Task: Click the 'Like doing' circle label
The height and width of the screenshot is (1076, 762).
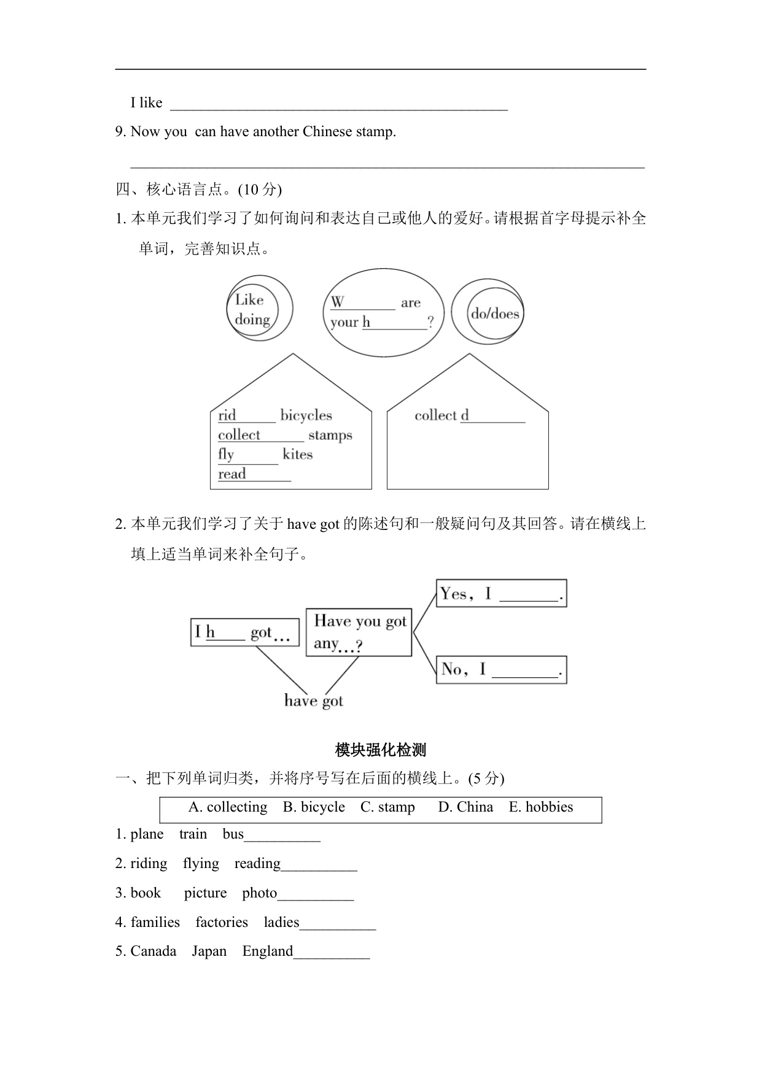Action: pyautogui.click(x=252, y=309)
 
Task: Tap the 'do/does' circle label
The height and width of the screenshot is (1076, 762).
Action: pyautogui.click(x=495, y=313)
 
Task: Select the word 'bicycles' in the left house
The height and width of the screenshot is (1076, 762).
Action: pyautogui.click(x=306, y=415)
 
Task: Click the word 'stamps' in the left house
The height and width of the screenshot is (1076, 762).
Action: pyautogui.click(x=330, y=435)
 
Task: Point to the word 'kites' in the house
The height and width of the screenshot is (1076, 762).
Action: pyautogui.click(x=298, y=455)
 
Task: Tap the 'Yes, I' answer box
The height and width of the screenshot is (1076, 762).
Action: pyautogui.click(x=501, y=593)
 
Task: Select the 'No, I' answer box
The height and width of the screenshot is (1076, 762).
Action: pyautogui.click(x=501, y=669)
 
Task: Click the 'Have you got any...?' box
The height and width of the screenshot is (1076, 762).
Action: pyautogui.click(x=359, y=632)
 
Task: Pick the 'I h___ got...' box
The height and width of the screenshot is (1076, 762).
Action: pyautogui.click(x=244, y=632)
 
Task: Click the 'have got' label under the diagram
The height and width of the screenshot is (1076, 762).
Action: pyautogui.click(x=313, y=701)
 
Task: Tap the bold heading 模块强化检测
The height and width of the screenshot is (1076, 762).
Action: pyautogui.click(x=381, y=750)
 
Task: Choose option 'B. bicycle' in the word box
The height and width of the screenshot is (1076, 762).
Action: pyautogui.click(x=314, y=807)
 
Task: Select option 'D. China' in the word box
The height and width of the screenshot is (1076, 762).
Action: pyautogui.click(x=465, y=807)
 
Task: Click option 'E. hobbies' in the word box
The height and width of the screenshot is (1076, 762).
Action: pyautogui.click(x=540, y=807)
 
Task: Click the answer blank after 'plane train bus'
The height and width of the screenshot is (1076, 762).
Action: pyautogui.click(x=282, y=836)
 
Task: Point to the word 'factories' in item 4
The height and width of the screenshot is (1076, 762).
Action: pyautogui.click(x=222, y=923)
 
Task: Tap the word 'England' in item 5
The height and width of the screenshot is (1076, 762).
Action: pyautogui.click(x=268, y=951)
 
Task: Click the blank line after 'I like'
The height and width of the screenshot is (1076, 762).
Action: pyautogui.click(x=338, y=104)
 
